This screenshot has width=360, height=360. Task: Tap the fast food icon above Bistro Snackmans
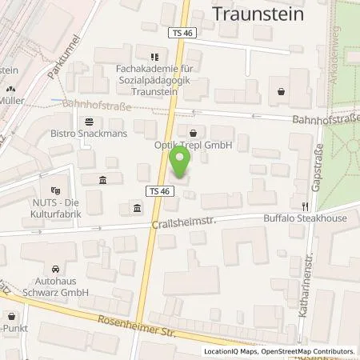click(x=88, y=122)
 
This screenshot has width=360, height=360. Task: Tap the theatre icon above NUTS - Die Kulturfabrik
click(x=54, y=190)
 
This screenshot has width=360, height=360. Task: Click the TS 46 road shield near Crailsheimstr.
click(x=158, y=190)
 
